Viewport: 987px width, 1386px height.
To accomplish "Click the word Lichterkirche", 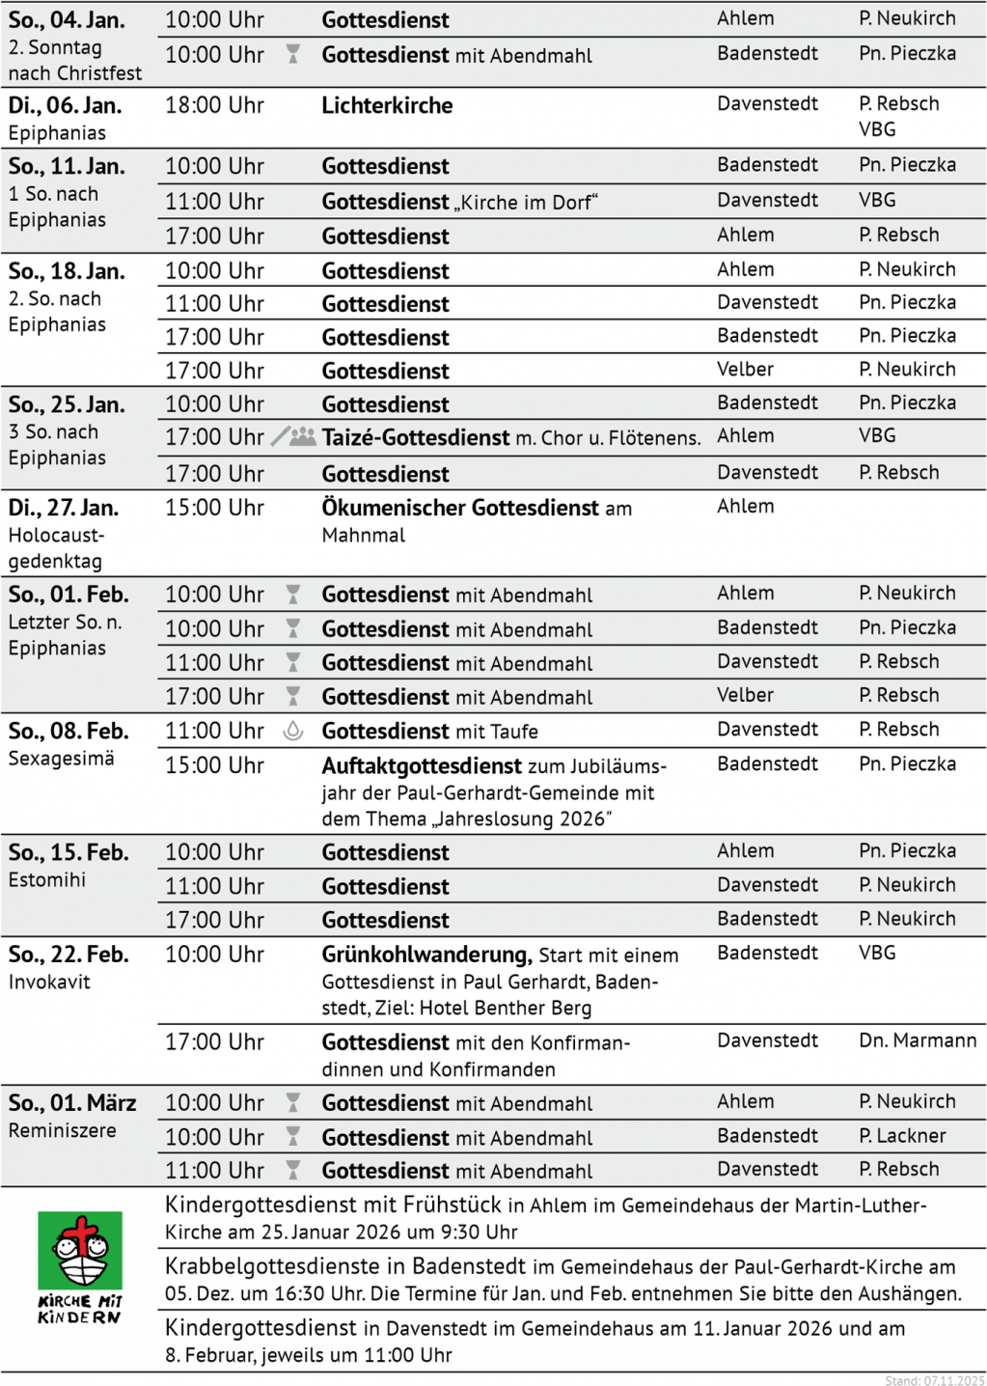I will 387,105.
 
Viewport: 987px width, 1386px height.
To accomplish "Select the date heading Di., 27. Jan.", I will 64,508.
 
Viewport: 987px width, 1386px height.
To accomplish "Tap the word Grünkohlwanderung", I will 426,955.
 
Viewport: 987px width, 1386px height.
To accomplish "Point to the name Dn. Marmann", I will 918,1040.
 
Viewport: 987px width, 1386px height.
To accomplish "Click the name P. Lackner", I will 902,1136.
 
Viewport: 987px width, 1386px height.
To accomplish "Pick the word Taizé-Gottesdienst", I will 416,438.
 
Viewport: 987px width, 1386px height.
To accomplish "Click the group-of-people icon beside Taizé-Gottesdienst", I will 303,437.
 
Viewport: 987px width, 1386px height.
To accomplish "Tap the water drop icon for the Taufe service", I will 293,732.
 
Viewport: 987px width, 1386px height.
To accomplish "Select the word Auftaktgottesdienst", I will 422,766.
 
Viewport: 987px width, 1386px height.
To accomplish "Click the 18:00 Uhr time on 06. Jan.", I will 214,105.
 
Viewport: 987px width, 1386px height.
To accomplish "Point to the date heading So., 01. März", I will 72,1102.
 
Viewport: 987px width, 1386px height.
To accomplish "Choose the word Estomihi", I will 47,879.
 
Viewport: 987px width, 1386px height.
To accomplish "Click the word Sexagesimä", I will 61,759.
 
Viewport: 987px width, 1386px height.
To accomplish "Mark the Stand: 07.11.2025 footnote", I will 934,1380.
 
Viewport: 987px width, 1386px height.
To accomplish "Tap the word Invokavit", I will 49,982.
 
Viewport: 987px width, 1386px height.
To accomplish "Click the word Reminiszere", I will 63,1130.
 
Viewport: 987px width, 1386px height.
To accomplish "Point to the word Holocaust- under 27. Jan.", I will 56,535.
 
